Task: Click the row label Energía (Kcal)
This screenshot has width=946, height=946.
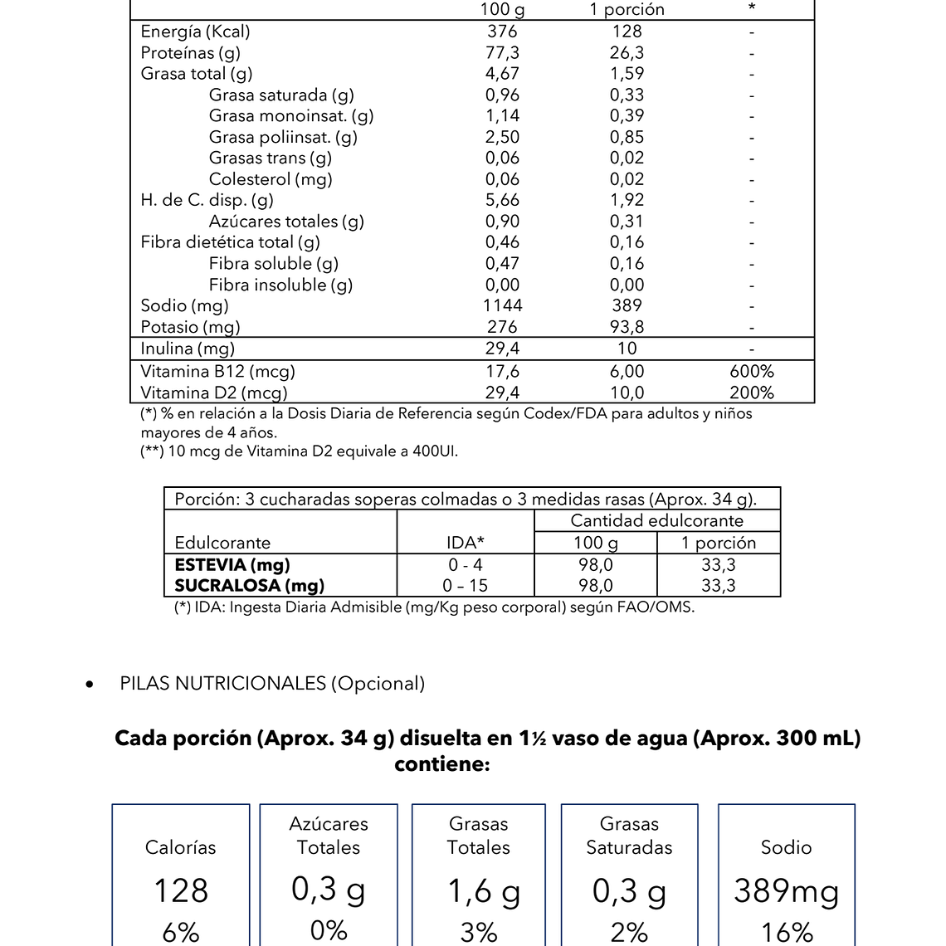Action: (x=195, y=32)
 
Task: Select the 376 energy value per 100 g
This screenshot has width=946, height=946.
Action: (x=502, y=32)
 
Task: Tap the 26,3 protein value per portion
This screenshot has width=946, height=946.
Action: (x=627, y=53)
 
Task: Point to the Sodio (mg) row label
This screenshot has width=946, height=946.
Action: (x=184, y=305)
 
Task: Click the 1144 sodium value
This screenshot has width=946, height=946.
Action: (x=502, y=305)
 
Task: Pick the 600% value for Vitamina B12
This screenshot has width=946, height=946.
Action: (x=751, y=372)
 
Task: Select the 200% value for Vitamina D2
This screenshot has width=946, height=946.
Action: (x=751, y=393)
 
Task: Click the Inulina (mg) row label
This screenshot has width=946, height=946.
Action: (x=188, y=349)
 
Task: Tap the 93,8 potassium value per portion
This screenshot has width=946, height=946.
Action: (x=627, y=327)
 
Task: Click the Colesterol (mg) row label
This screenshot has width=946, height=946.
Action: (x=271, y=179)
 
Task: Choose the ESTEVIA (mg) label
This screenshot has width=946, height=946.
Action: (x=232, y=565)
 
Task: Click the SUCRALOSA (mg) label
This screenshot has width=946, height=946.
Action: (x=249, y=586)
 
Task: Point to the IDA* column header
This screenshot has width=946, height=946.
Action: (x=465, y=543)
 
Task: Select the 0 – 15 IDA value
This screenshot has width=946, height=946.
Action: (x=465, y=586)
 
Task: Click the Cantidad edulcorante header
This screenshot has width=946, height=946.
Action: (x=656, y=521)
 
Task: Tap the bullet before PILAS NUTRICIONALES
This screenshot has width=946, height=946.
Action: (x=90, y=685)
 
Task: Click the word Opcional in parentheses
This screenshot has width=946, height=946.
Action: (x=378, y=684)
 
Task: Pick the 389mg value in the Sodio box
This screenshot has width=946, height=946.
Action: (x=786, y=891)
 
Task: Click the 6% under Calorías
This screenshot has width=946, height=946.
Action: (x=180, y=932)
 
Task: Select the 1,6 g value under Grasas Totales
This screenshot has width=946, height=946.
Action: (x=484, y=891)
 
